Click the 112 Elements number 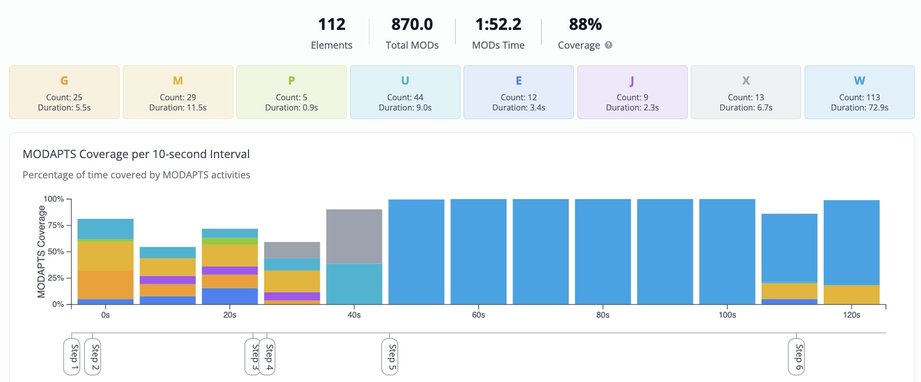pyautogui.click(x=331, y=24)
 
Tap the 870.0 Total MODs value pyautogui.click(x=412, y=24)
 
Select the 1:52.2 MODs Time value pyautogui.click(x=498, y=24)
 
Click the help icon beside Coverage pyautogui.click(x=609, y=45)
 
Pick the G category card pyautogui.click(x=64, y=92)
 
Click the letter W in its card pyautogui.click(x=859, y=81)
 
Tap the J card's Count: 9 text pyautogui.click(x=632, y=97)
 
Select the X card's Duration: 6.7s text pyautogui.click(x=746, y=107)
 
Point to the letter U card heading pyautogui.click(x=405, y=81)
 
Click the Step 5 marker pyautogui.click(x=390, y=356)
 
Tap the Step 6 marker pyautogui.click(x=797, y=356)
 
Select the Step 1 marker pyautogui.click(x=72, y=356)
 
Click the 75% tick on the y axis pyautogui.click(x=56, y=225)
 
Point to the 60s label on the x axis pyautogui.click(x=478, y=315)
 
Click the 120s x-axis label pyautogui.click(x=851, y=315)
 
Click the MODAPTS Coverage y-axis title pyautogui.click(x=41, y=251)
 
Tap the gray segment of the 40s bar pyautogui.click(x=354, y=236)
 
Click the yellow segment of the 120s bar pyautogui.click(x=851, y=294)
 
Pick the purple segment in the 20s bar pyautogui.click(x=230, y=271)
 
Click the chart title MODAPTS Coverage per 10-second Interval pyautogui.click(x=136, y=154)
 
